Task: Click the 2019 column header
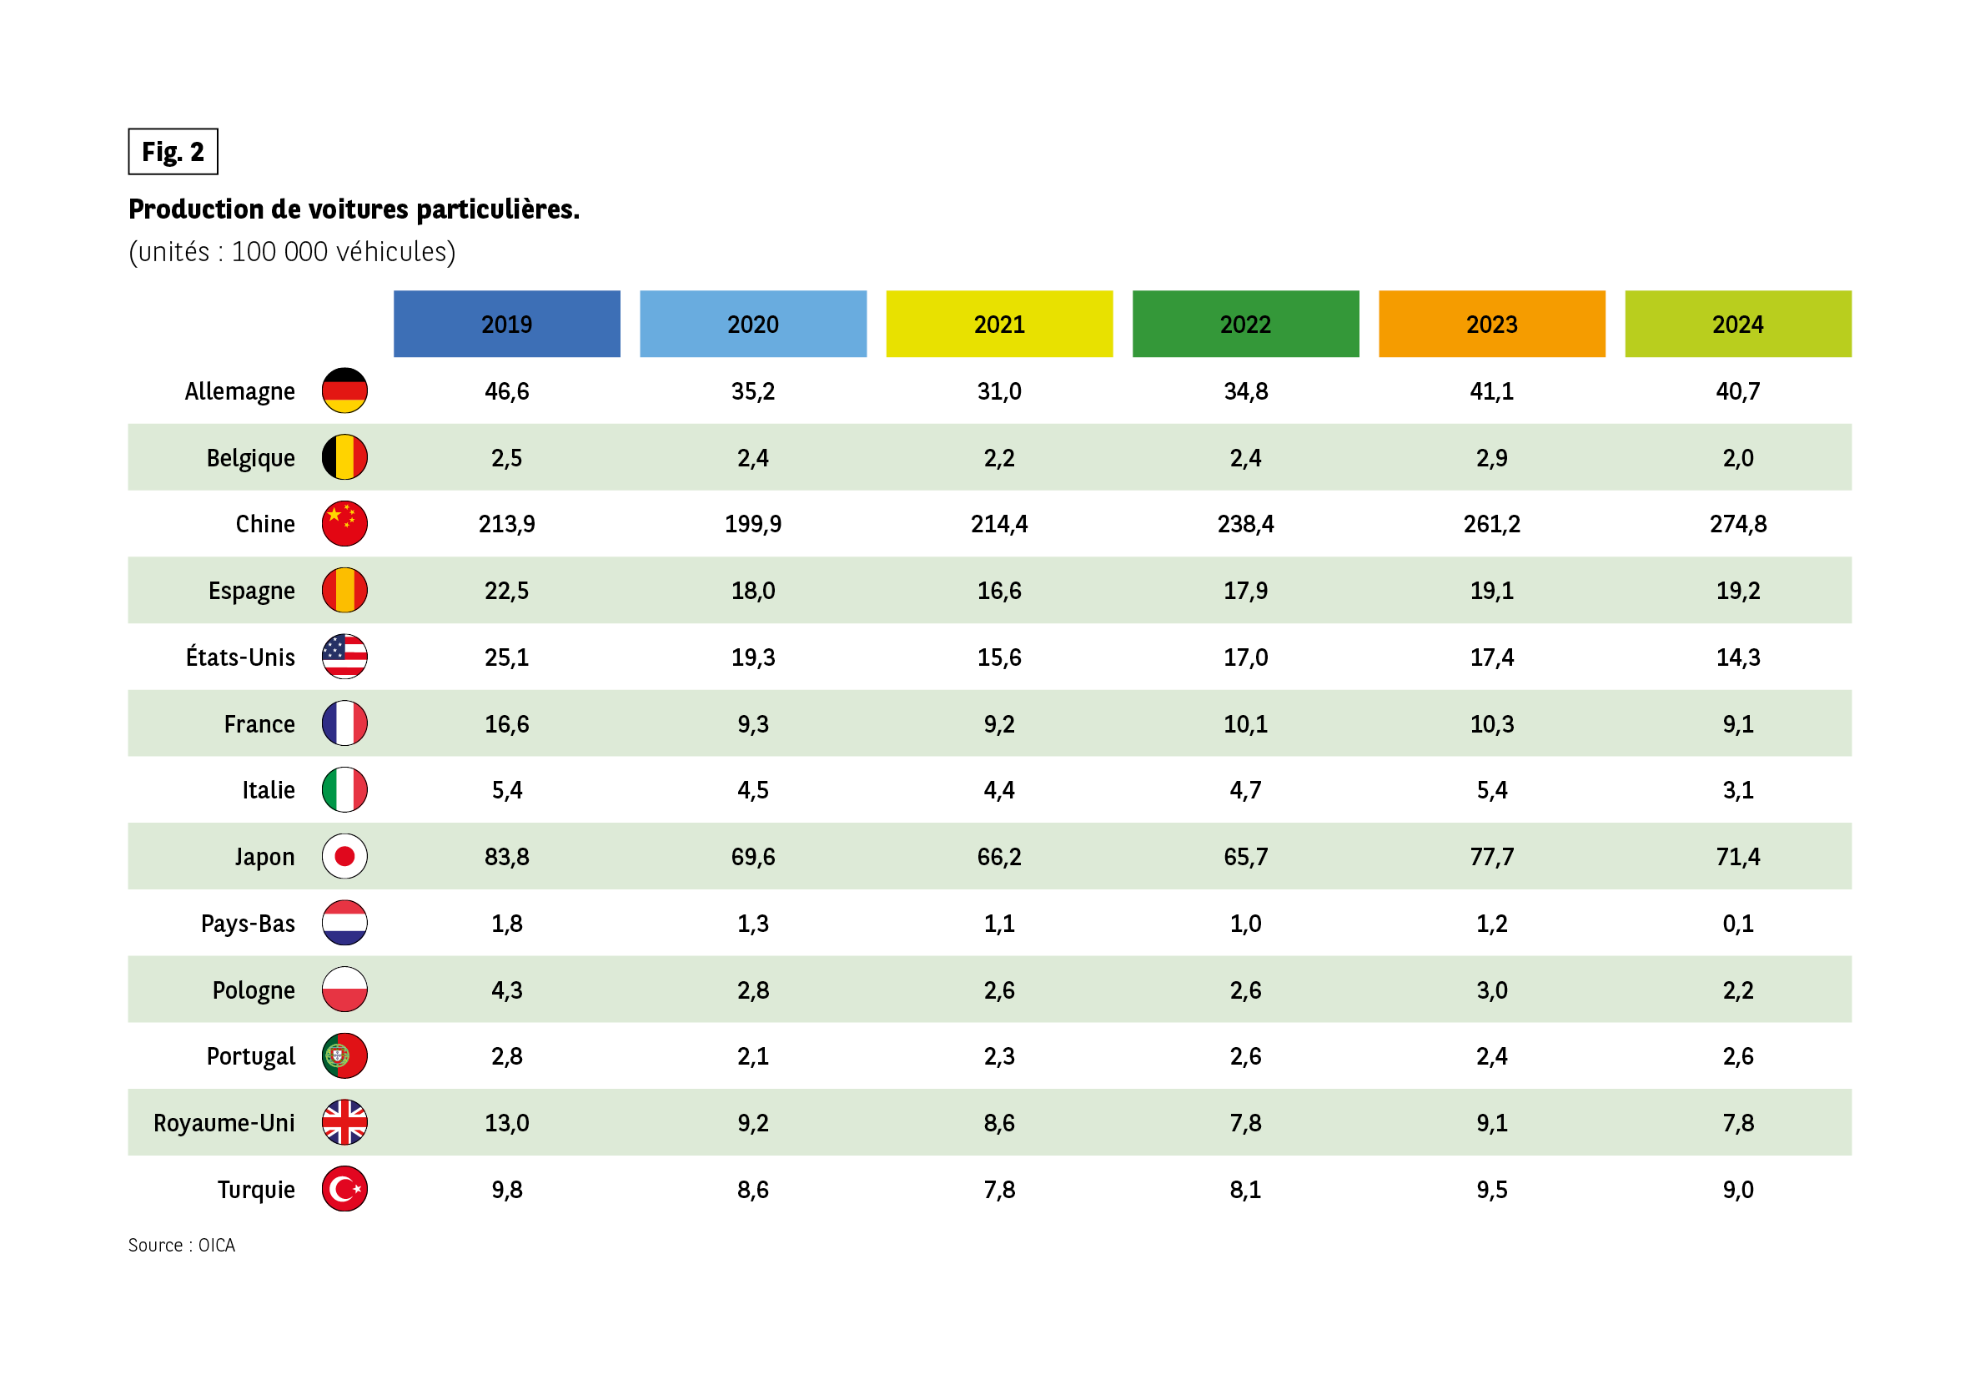[506, 324]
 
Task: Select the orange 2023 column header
[1491, 324]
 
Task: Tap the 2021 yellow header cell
[998, 324]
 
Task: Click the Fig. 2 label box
[173, 152]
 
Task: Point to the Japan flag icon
[344, 856]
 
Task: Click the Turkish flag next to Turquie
[344, 1189]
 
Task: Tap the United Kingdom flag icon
[344, 1121]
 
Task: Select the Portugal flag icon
[344, 1055]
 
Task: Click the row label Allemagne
[239, 391]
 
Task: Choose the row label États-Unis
[240, 657]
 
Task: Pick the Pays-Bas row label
[247, 924]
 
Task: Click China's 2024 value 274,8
[1737, 523]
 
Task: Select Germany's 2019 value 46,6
[506, 391]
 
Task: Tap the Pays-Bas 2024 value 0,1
[1737, 924]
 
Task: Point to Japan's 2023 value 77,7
[1491, 857]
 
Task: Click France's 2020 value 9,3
[752, 724]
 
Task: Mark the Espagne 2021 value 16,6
[998, 591]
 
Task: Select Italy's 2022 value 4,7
[1245, 789]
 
